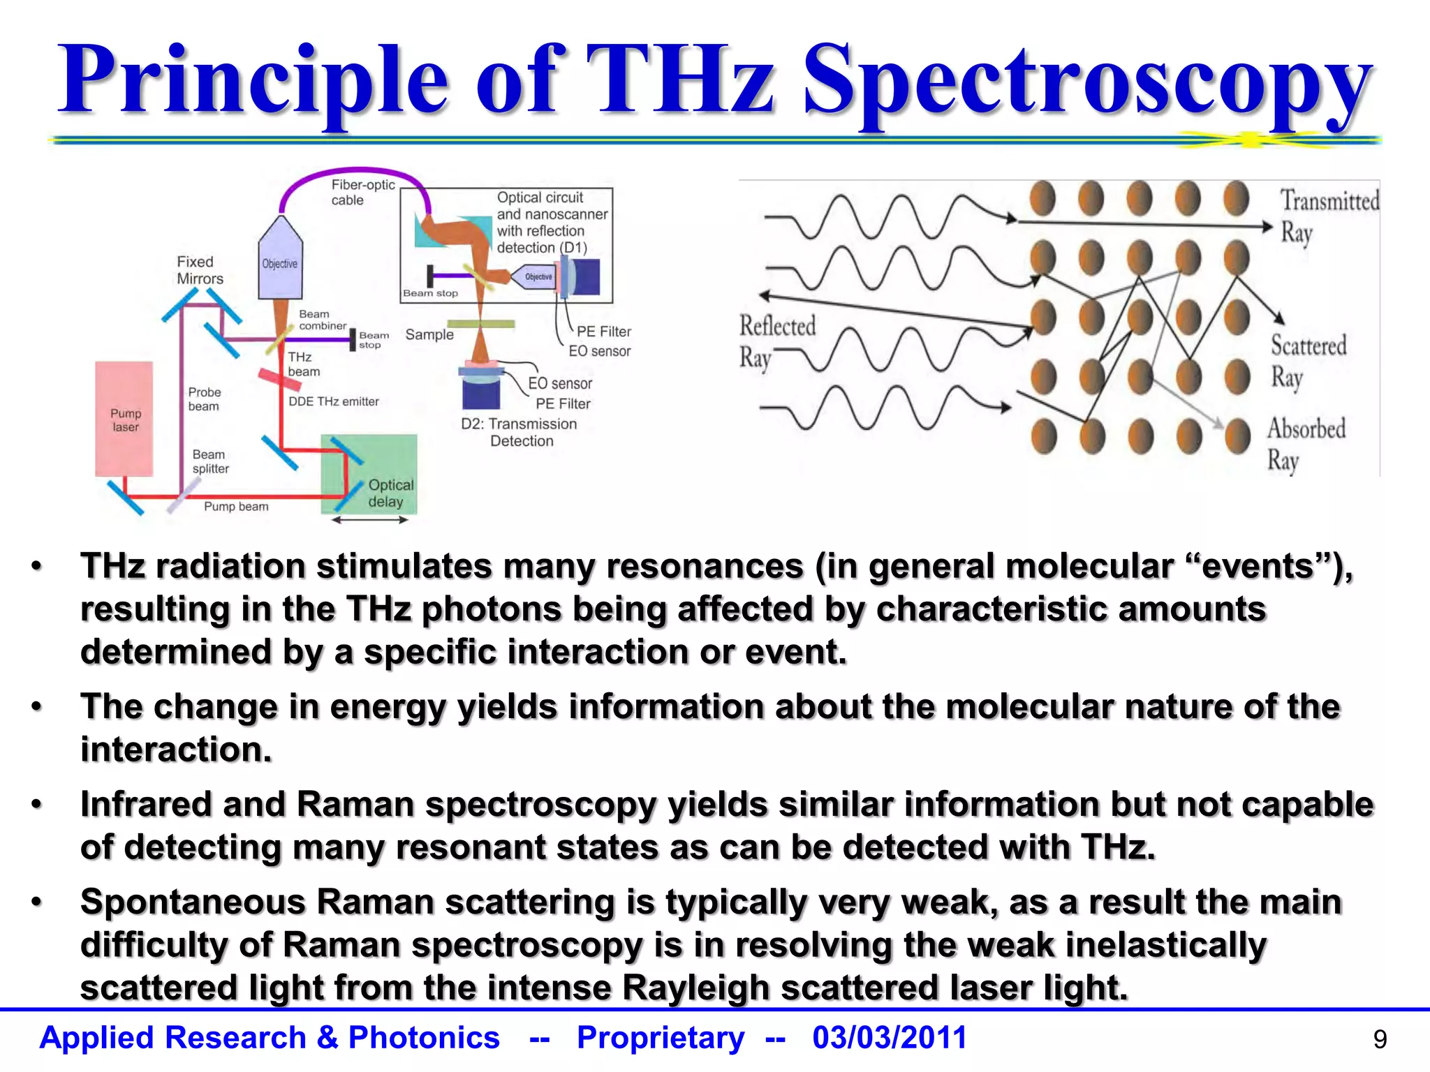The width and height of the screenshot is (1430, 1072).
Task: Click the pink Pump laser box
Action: (124, 419)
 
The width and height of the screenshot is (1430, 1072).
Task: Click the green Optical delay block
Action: (369, 475)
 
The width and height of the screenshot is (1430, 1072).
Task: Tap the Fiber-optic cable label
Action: (362, 192)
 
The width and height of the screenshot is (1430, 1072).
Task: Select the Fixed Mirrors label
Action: (199, 270)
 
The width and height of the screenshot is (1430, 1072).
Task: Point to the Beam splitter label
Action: (210, 461)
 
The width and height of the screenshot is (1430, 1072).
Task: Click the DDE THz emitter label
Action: (333, 401)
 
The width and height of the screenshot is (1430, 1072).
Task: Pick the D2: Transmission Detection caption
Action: (519, 432)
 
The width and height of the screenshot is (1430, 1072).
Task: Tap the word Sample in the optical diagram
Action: (429, 334)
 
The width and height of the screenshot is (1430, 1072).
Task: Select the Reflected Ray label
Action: (776, 341)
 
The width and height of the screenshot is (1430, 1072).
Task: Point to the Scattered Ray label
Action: (1307, 360)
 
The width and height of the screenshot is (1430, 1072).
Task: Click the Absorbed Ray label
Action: (1304, 444)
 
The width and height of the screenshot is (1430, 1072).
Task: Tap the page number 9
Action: (1380, 1040)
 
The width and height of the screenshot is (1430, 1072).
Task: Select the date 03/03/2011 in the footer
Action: (890, 1037)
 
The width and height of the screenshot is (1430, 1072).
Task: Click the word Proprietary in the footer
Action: (660, 1037)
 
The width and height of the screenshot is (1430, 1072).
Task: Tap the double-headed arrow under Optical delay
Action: (369, 519)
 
